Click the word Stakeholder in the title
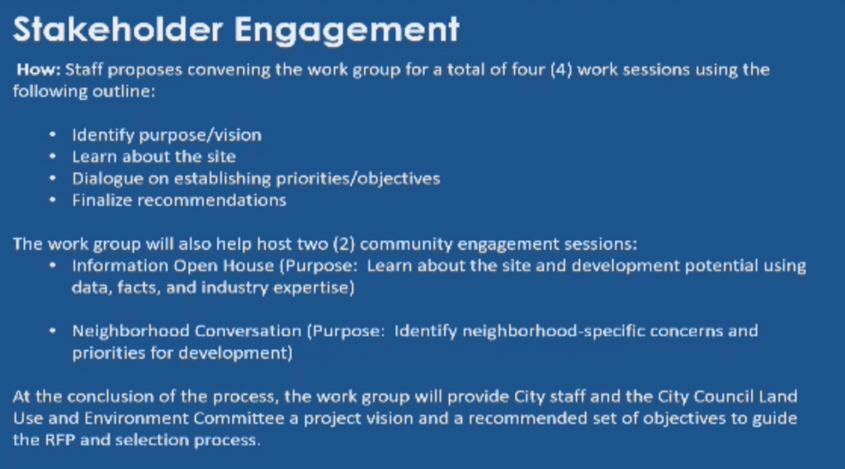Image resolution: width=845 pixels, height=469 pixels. (x=117, y=29)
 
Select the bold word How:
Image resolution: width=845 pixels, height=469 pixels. (x=38, y=69)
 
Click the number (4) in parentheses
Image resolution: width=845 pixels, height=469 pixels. (x=561, y=70)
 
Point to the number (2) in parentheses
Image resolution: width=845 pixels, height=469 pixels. (x=344, y=244)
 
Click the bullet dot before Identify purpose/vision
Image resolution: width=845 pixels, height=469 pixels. (x=52, y=134)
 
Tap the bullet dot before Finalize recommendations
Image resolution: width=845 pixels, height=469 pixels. (x=52, y=200)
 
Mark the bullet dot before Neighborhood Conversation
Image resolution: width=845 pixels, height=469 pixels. (x=52, y=330)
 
